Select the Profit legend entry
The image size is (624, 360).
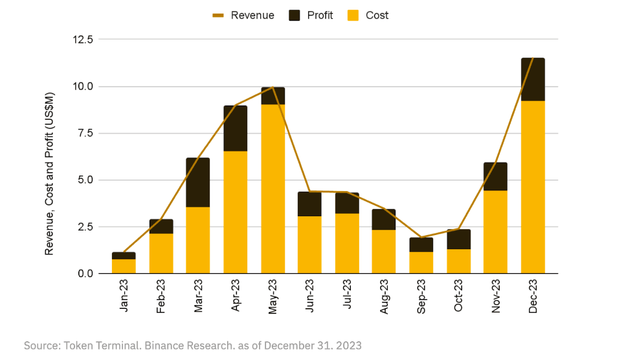(x=320, y=15)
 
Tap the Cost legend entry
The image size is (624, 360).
(x=377, y=15)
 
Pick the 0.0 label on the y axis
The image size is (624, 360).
(x=84, y=274)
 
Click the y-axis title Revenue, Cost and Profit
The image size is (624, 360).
(x=49, y=173)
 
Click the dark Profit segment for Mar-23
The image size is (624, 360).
(x=198, y=182)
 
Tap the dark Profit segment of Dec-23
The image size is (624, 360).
(x=533, y=79)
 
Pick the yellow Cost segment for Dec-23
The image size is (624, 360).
(x=533, y=187)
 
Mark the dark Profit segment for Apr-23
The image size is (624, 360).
(x=236, y=128)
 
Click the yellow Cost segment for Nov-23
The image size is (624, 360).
(x=495, y=232)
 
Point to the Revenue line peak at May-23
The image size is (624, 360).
(x=273, y=87)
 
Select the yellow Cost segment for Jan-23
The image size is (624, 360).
(x=124, y=266)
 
